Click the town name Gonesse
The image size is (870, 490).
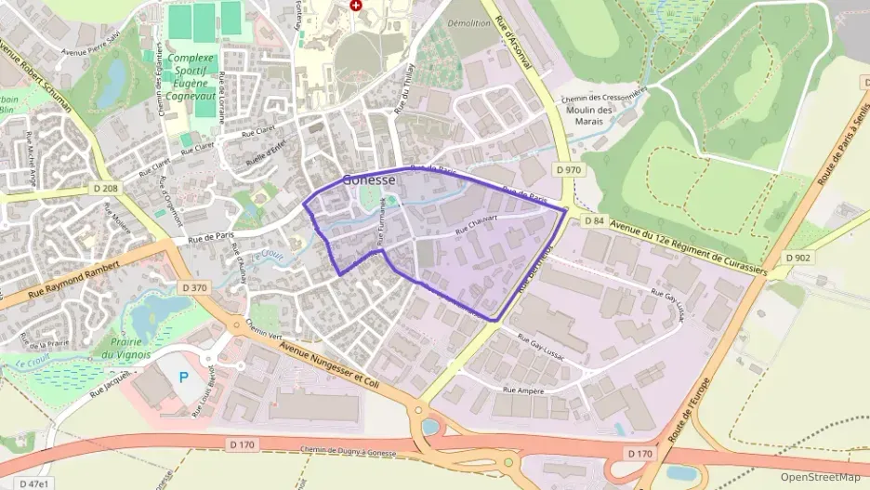tap(369, 179)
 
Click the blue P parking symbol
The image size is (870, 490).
tap(183, 377)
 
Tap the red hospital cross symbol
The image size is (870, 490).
tap(354, 5)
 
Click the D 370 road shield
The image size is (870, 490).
tap(194, 287)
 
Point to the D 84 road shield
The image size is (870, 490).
tap(594, 220)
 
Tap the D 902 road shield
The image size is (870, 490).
tap(797, 258)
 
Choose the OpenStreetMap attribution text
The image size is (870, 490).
tap(821, 477)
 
